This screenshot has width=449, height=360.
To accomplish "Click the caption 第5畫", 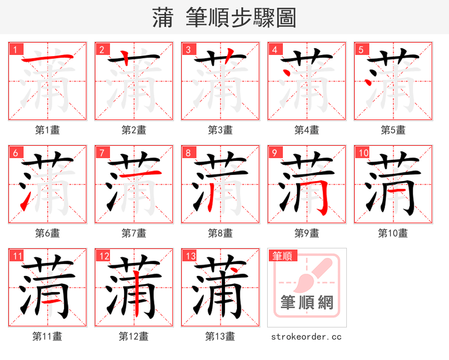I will click(x=393, y=130).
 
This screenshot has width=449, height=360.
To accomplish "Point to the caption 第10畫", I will click(x=393, y=233).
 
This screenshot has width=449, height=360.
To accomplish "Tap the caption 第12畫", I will click(x=134, y=336).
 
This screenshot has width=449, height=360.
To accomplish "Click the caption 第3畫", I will click(x=220, y=130).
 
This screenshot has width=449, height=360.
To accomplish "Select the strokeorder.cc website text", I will click(x=306, y=336).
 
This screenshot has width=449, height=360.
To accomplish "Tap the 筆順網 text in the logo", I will click(x=306, y=303).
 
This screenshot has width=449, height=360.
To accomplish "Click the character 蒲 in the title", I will click(x=163, y=18).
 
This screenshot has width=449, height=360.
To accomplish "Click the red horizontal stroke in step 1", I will click(x=47, y=58).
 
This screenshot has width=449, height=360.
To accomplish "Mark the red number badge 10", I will click(x=363, y=153).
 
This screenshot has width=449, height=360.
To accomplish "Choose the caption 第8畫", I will click(x=220, y=233).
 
